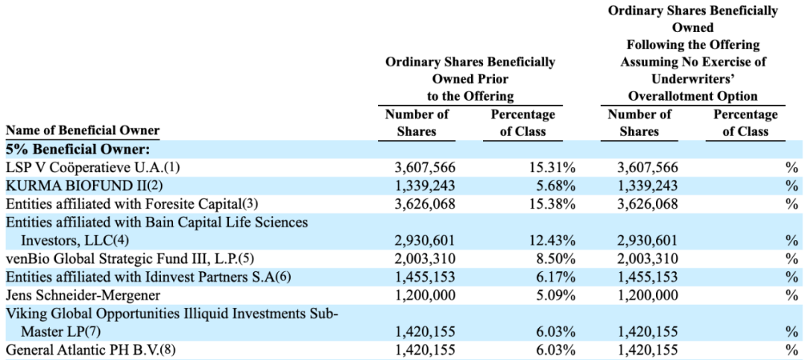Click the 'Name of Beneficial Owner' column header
(x=83, y=130)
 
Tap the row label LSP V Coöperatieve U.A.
(x=93, y=168)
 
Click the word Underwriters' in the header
(x=689, y=79)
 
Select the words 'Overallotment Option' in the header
(x=689, y=96)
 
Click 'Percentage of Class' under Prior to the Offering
(x=523, y=123)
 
